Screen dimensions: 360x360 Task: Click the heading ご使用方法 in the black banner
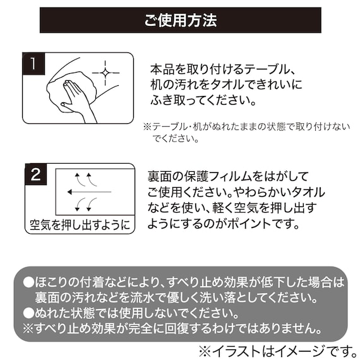[180, 21]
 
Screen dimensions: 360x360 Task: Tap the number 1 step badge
[33, 63]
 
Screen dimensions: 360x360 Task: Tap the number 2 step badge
[36, 175]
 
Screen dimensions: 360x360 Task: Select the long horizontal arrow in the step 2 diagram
[88, 191]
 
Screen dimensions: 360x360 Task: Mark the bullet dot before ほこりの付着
[28, 282]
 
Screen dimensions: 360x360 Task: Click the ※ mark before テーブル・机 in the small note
[147, 126]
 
